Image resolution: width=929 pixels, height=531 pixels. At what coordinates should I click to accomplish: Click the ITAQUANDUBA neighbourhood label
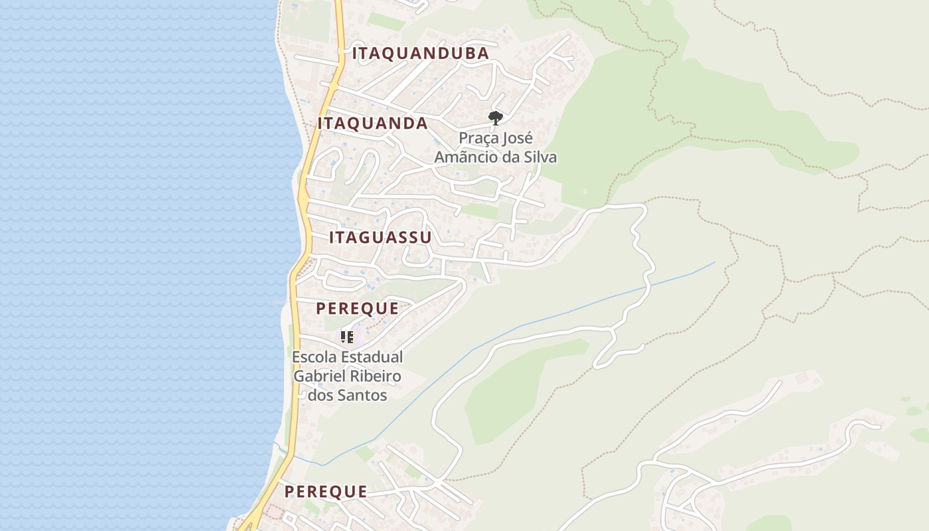421,54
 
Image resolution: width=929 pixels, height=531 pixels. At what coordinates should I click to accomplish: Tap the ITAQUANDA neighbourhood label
372,123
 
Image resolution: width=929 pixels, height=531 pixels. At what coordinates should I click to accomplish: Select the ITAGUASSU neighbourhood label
380,238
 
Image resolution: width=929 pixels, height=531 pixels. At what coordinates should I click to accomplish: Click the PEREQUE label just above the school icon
357,309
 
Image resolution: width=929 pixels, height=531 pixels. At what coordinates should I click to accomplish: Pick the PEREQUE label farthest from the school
326,492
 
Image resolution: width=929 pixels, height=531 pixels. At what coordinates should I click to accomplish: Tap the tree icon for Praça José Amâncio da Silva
495,118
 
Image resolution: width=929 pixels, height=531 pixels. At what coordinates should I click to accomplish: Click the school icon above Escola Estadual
347,337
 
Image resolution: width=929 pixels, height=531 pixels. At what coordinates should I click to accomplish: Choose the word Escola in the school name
314,357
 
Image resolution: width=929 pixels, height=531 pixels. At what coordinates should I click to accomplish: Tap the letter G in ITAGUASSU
367,238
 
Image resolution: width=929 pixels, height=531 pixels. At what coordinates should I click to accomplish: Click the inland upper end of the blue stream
714,263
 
